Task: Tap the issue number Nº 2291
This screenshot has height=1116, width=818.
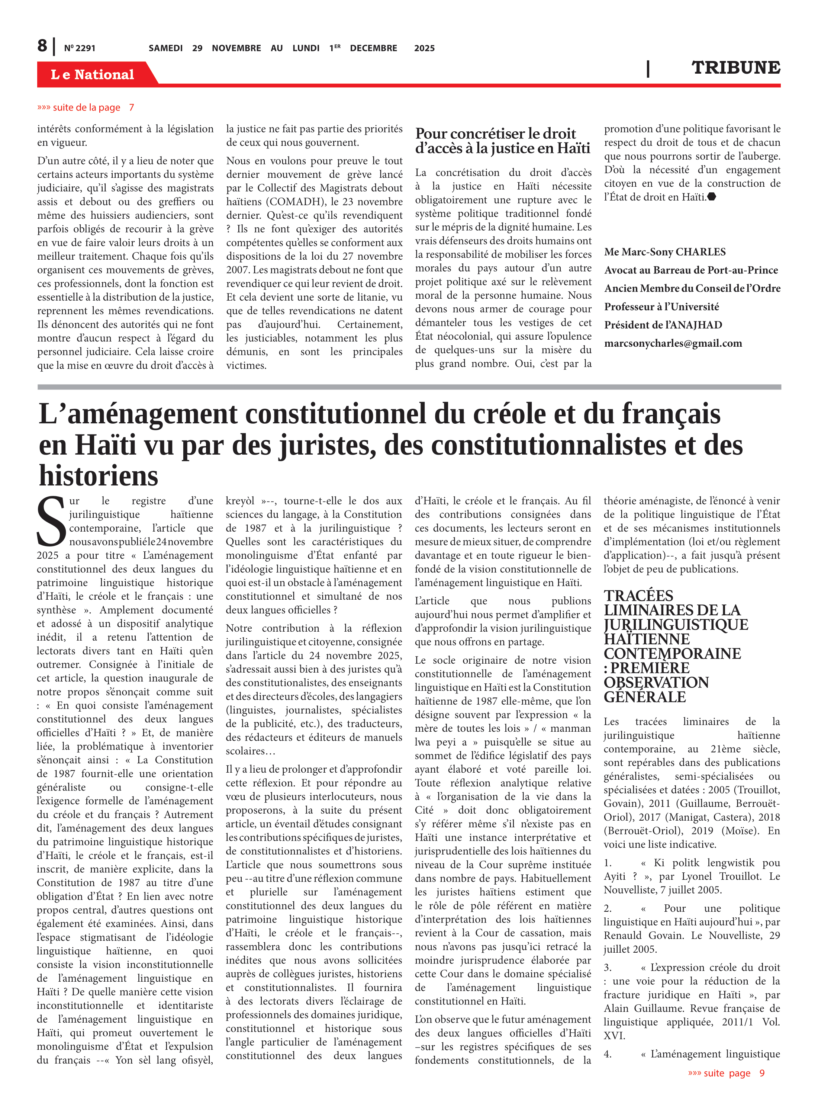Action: (80, 48)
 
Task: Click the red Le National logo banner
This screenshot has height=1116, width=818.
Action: (93, 74)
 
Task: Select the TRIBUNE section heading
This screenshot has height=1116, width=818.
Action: (735, 68)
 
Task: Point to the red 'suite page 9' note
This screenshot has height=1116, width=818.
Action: (726, 1073)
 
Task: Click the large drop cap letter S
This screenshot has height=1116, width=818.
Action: (51, 521)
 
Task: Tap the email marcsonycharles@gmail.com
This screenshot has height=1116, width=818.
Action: (673, 343)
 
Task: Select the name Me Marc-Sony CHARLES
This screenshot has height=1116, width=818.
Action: (664, 251)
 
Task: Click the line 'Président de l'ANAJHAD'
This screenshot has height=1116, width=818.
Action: (663, 325)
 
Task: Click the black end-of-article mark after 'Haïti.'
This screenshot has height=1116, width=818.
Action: (712, 197)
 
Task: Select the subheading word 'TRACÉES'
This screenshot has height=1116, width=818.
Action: (638, 596)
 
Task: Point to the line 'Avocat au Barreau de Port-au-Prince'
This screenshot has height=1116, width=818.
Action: (691, 270)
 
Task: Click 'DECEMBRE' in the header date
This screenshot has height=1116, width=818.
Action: (373, 48)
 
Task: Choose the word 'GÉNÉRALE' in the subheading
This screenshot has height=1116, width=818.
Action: (645, 697)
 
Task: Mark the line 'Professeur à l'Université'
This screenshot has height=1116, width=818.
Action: (661, 307)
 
